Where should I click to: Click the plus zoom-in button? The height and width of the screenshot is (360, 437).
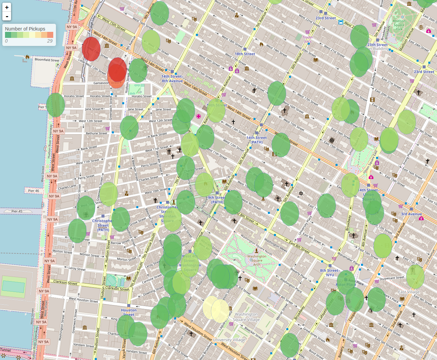click(x=7, y=7)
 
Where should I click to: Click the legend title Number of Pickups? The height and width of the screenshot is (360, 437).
click(x=25, y=29)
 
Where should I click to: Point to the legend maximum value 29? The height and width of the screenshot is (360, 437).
click(x=50, y=41)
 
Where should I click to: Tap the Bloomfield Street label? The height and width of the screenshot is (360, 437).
click(x=47, y=60)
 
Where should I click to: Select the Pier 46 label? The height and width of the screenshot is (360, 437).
click(x=33, y=191)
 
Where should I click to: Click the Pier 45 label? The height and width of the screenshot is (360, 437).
click(x=17, y=211)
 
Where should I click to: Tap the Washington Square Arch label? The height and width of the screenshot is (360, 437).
click(x=257, y=260)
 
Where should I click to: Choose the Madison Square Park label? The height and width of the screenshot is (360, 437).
click(x=399, y=25)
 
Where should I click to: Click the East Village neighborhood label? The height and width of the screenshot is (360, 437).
click(x=409, y=292)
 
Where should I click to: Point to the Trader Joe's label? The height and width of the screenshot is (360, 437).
click(x=308, y=39)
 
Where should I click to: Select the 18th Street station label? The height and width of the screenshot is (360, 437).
click(x=245, y=54)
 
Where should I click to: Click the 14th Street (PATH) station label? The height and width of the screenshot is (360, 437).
click(x=257, y=140)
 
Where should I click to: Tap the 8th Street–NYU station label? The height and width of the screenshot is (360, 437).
click(x=330, y=273)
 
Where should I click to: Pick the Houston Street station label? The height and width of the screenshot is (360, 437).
click(x=129, y=312)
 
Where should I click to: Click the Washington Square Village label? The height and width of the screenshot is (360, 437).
click(x=246, y=317)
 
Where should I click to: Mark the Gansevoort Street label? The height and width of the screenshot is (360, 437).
click(x=106, y=83)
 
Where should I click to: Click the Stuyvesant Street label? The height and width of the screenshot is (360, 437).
click(x=392, y=278)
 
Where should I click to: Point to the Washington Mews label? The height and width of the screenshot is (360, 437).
click(x=276, y=245)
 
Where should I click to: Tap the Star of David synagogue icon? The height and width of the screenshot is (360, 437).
click(x=301, y=193)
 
